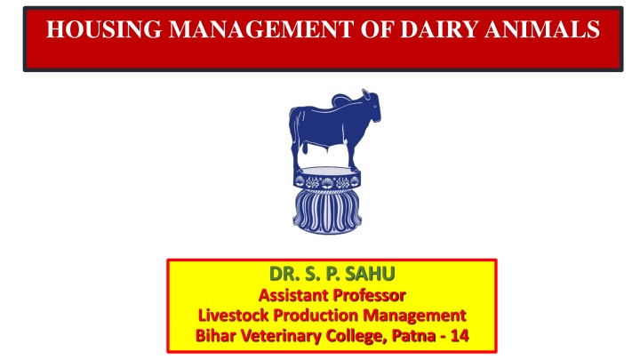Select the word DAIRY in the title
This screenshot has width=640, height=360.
(439, 29)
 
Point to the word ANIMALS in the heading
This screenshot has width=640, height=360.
(542, 29)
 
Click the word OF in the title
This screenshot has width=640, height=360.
(377, 29)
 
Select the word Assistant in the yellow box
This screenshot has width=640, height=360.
(294, 295)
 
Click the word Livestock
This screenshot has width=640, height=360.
(234, 316)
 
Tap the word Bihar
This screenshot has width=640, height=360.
(215, 336)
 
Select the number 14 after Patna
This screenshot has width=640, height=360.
(460, 336)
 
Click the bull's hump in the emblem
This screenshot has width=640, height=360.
(342, 100)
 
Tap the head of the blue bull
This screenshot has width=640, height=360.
(371, 106)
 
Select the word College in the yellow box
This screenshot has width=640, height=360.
(356, 337)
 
